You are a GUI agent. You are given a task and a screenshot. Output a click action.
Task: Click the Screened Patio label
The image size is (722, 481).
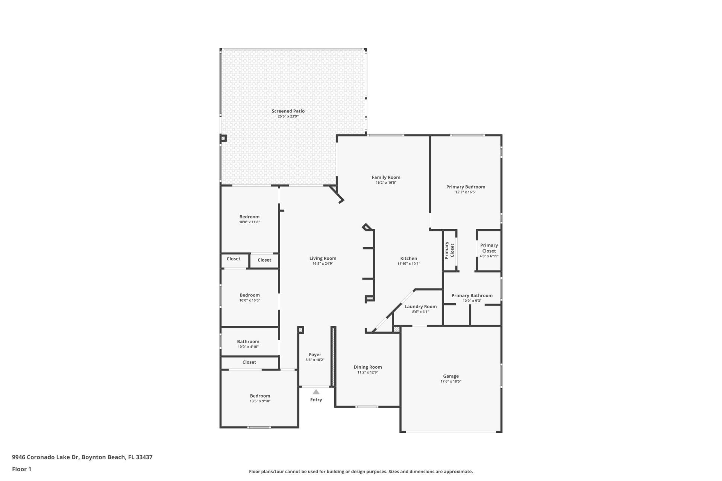(x=288, y=111)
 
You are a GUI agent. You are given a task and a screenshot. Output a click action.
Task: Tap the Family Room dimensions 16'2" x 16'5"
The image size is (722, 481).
(x=386, y=183)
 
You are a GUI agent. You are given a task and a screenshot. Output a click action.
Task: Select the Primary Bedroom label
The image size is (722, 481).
(x=466, y=187)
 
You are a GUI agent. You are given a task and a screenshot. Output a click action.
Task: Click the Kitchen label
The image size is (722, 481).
(x=408, y=259)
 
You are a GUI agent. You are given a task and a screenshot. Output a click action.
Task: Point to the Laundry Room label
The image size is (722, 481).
(x=420, y=307)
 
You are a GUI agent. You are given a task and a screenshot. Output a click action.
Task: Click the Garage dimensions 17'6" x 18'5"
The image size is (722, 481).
(x=450, y=381)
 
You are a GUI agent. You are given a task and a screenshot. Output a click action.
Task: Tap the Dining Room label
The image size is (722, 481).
(x=367, y=367)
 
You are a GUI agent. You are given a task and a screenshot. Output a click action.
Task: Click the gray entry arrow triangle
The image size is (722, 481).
(x=316, y=392)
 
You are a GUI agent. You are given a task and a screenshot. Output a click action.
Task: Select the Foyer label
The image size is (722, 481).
(x=315, y=355)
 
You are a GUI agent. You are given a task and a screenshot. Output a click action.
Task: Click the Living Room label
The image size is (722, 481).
(x=323, y=259)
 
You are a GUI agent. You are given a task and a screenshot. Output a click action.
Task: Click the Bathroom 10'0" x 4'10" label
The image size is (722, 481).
(x=248, y=342)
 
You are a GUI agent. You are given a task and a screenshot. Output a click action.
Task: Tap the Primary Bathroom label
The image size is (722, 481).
(x=472, y=296)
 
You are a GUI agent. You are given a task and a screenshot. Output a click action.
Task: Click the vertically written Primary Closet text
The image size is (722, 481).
(x=449, y=250)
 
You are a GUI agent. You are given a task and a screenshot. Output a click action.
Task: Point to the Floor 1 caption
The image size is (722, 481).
(x=21, y=469)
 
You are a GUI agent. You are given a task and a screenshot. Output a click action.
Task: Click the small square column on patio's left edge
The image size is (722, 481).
(x=223, y=138)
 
